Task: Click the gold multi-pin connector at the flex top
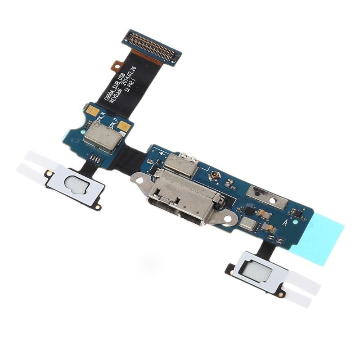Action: (x=152, y=46)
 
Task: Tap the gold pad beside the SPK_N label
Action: (x=92, y=109)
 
